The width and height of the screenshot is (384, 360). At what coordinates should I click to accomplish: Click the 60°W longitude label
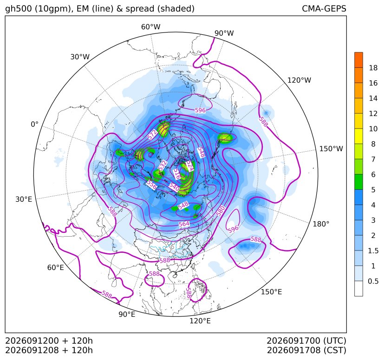[150, 27]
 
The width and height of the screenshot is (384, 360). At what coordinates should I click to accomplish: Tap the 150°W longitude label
[331, 148]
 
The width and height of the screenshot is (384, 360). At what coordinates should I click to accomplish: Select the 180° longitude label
[321, 224]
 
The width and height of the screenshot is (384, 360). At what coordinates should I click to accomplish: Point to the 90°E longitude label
[127, 314]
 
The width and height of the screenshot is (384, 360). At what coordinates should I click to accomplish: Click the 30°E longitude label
[24, 199]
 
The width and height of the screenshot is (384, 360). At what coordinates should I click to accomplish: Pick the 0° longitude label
[34, 124]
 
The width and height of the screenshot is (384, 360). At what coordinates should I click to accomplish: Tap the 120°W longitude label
[299, 80]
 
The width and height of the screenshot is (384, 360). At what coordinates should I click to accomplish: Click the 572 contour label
[152, 135]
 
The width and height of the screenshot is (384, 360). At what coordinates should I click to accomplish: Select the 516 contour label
[176, 174]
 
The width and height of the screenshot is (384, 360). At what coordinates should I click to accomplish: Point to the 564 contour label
[184, 224]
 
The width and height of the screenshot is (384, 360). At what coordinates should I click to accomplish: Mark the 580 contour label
[221, 211]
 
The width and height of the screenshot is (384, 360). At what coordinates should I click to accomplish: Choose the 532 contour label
[163, 166]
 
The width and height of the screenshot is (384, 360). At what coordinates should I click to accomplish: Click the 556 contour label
[151, 185]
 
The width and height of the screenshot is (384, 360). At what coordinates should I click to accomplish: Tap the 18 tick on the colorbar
[373, 68]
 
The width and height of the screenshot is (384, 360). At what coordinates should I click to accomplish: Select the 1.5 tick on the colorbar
[373, 251]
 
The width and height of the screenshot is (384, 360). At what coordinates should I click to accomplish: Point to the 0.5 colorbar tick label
[373, 281]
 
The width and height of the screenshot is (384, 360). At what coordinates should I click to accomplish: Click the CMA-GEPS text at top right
[324, 8]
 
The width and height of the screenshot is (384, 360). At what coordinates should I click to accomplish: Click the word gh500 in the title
[19, 9]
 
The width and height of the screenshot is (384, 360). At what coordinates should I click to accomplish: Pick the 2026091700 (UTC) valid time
[306, 341]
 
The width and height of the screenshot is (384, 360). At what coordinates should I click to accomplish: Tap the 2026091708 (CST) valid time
[306, 350]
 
